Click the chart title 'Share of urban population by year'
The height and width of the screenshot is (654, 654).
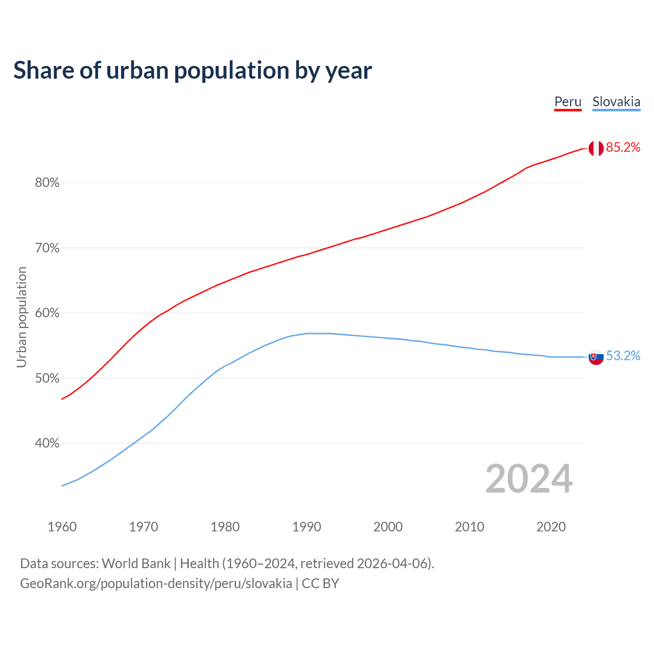(x=193, y=71)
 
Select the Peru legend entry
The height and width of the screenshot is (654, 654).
(x=568, y=102)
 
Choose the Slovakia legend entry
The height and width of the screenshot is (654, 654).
(x=616, y=102)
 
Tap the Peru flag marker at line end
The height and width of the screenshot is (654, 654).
(x=596, y=148)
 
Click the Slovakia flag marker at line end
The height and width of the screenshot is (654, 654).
(x=596, y=357)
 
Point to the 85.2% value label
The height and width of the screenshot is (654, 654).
(x=623, y=148)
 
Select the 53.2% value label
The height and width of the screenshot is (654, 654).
(x=623, y=356)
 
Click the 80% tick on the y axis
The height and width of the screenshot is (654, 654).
(x=47, y=183)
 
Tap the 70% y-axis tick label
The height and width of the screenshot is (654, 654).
(x=47, y=248)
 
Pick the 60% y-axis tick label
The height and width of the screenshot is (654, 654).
(x=47, y=313)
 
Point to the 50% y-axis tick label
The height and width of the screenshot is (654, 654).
(x=47, y=379)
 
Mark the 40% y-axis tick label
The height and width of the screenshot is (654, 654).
(x=47, y=443)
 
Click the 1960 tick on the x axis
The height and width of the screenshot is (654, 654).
(x=62, y=527)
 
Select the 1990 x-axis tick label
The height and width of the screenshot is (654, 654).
(x=307, y=527)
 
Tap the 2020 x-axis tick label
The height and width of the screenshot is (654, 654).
(x=551, y=527)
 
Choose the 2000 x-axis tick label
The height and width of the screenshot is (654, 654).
(x=388, y=527)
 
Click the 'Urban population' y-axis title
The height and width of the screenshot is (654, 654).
(x=21, y=317)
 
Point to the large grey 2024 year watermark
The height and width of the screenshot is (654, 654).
(x=529, y=479)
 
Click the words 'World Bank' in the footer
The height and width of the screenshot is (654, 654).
(x=136, y=564)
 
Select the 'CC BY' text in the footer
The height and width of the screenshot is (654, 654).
(x=320, y=583)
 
